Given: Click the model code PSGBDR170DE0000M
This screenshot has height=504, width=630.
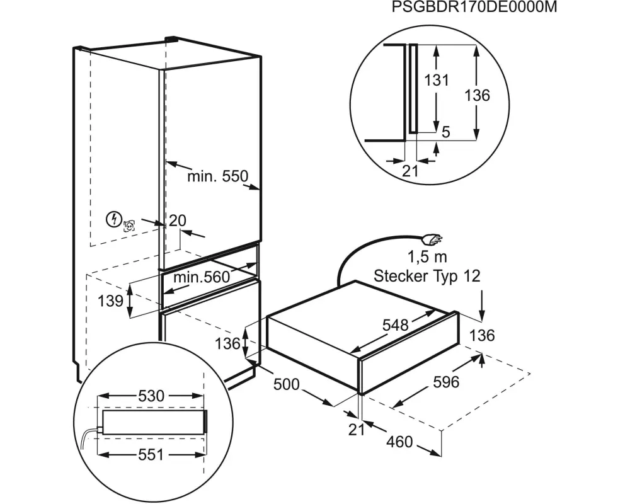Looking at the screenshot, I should coord(474,8).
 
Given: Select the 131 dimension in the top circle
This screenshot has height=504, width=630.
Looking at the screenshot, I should coord(436,81).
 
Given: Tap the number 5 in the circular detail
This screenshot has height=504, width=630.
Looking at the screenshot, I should coord(445,132).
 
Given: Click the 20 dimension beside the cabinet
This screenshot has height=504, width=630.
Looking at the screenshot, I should coord(178,220).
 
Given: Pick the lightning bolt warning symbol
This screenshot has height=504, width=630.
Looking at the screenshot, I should coord(113,219).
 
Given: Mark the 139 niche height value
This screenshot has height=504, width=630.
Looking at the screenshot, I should coord(111,301).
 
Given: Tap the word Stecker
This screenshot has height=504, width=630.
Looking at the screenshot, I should coord(402,275).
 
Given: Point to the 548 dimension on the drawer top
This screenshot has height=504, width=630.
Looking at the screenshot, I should coord(396,325).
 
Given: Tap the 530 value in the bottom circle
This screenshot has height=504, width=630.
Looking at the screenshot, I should coord(151,396).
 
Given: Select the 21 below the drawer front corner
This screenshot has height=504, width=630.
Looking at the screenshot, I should coord(357,429).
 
